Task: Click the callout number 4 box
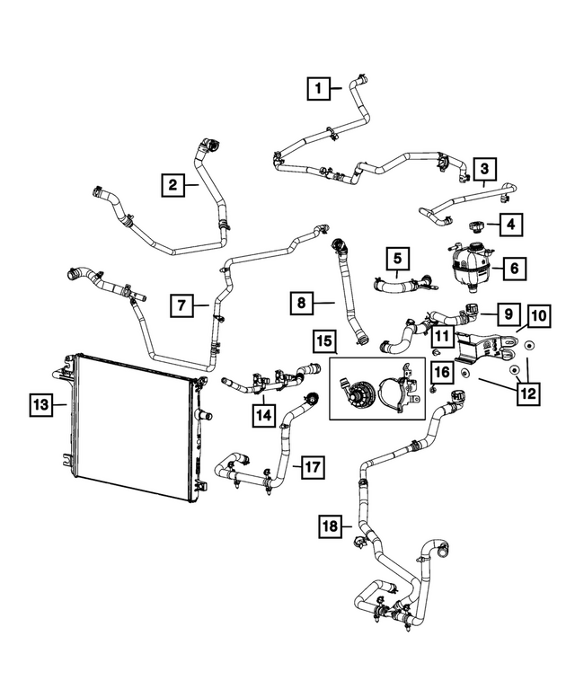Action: [509, 223]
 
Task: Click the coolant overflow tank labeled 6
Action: [467, 267]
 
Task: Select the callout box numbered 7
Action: [181, 306]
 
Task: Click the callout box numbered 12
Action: [529, 393]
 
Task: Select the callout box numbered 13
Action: [40, 403]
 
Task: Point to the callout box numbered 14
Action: [263, 415]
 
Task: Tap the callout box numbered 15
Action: [325, 340]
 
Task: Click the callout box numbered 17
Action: [312, 467]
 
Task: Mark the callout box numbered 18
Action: [332, 526]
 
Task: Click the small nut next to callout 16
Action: [433, 389]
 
